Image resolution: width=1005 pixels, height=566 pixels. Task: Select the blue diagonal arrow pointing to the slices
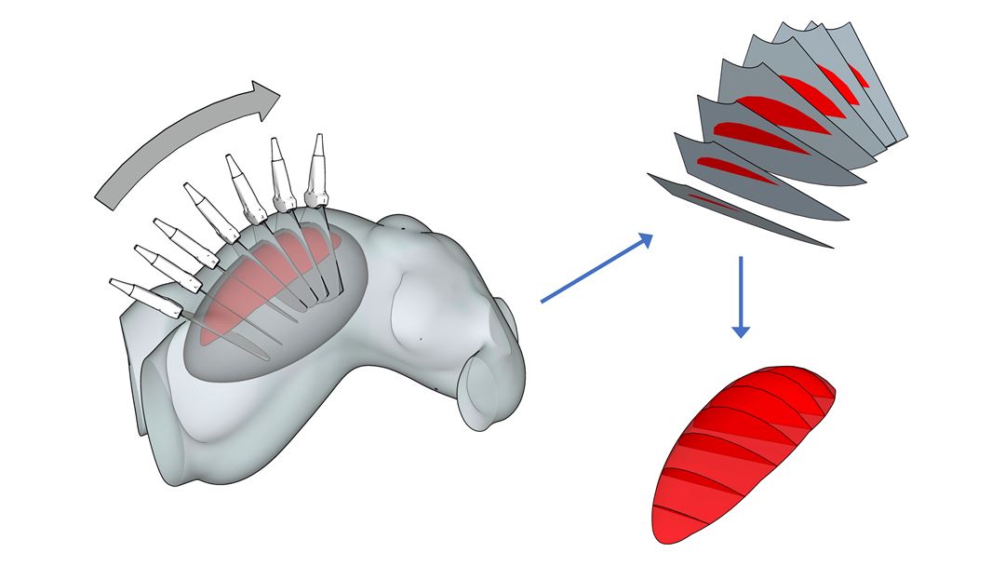pyautogui.click(x=596, y=270)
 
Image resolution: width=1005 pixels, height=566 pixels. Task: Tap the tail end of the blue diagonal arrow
pyautogui.click(x=543, y=301)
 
